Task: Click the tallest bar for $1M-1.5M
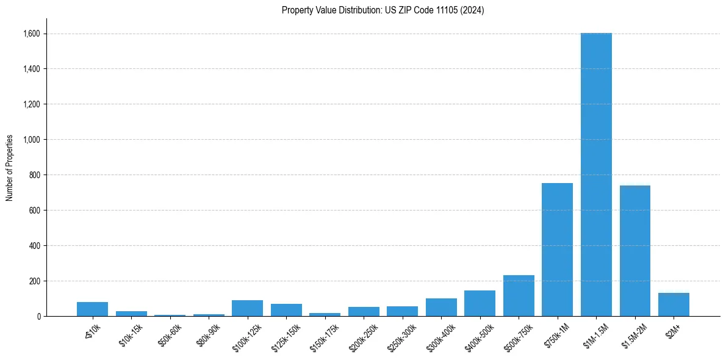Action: pos(596,175)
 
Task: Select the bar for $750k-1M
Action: pos(557,250)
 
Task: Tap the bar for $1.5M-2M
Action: pos(634,251)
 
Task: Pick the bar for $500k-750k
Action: pos(519,296)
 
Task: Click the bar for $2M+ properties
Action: pos(674,304)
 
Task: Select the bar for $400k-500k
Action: pos(480,303)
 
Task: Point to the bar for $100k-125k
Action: pos(247,308)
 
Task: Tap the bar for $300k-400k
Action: pos(441,308)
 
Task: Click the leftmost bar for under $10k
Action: pos(92,309)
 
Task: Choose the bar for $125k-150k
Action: pos(286,310)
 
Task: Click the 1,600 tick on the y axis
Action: pos(31,34)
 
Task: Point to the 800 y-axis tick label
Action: pos(35,175)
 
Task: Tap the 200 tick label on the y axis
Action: pos(35,281)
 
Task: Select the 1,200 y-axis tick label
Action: pos(31,104)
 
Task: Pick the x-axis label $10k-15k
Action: pos(130,335)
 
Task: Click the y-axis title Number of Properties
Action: pos(10,168)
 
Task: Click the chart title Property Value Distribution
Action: pos(383,10)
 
